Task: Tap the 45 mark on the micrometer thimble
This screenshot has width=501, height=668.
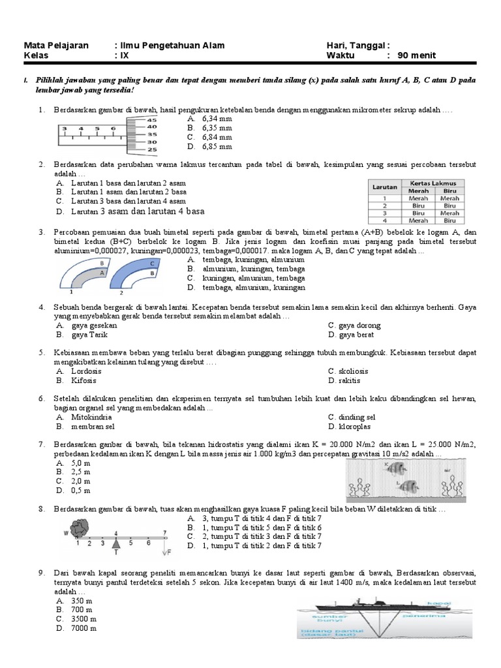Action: tap(152, 121)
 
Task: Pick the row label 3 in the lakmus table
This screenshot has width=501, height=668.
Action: tap(385, 213)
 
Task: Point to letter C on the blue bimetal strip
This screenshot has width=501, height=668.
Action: tap(151, 263)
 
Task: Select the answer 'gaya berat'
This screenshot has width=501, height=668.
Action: tap(356, 335)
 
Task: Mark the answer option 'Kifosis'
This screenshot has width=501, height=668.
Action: tap(85, 380)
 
